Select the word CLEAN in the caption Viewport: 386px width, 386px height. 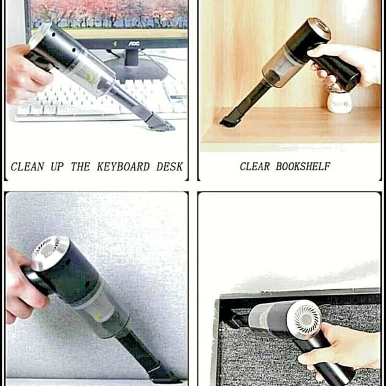tap(29, 167)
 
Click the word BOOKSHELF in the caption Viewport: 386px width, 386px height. tap(303, 167)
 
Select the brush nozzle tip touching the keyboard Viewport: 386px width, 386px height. tap(161, 125)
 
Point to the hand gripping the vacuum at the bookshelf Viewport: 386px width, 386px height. tap(349, 64)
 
